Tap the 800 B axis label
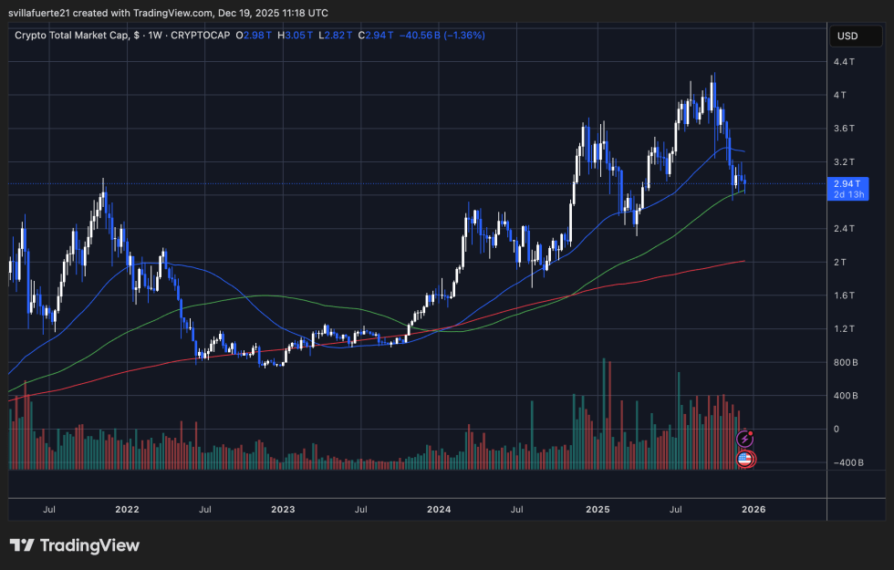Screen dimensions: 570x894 845,362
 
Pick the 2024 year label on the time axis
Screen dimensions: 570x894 440,509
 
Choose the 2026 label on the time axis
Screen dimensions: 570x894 754,509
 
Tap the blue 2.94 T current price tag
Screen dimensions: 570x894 847,183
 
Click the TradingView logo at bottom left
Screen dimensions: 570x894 75,545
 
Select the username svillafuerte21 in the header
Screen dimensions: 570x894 49,13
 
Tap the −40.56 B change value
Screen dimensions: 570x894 423,36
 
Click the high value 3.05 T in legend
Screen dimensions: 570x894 298,36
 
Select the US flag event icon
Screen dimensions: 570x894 744,459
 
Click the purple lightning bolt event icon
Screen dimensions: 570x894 744,440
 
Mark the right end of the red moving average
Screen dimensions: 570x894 744,261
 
